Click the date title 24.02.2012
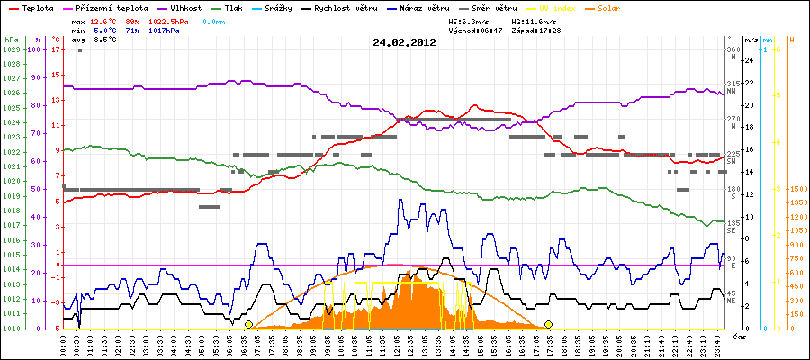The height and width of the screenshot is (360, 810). pyautogui.click(x=404, y=41)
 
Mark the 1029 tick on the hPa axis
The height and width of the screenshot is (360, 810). pyautogui.click(x=11, y=50)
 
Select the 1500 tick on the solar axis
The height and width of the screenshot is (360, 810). pyautogui.click(x=796, y=190)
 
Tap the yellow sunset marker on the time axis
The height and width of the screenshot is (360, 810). pyautogui.click(x=548, y=324)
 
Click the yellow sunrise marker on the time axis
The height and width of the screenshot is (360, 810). pyautogui.click(x=248, y=324)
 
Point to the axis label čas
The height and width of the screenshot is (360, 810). pyautogui.click(x=738, y=337)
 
